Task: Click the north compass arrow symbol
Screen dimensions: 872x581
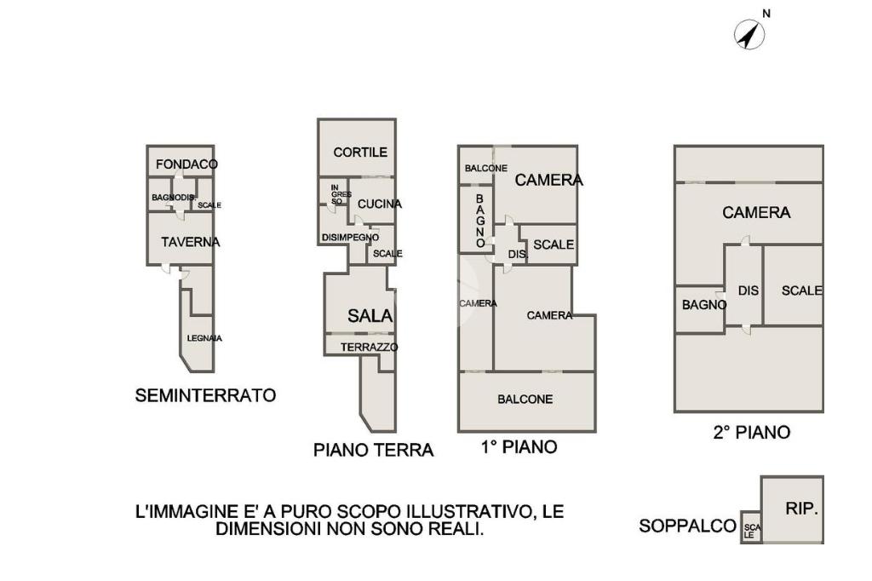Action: click(749, 35)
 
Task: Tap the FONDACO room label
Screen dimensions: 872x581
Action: click(186, 164)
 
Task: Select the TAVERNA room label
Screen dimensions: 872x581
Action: click(190, 242)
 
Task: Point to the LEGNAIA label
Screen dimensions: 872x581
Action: click(204, 338)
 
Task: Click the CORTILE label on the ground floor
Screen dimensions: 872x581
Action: click(360, 152)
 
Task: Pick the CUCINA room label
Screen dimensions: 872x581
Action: click(379, 204)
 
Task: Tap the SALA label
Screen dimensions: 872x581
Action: click(370, 316)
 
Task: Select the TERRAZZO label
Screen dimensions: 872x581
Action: click(370, 348)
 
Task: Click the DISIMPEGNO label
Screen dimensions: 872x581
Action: click(350, 238)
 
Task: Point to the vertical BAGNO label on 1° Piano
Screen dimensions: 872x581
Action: click(480, 221)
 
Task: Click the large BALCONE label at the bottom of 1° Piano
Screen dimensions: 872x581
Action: click(525, 400)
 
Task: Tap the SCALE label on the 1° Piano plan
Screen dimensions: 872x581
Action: click(554, 244)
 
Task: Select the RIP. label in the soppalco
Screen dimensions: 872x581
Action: click(801, 508)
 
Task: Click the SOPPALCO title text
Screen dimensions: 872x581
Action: click(687, 526)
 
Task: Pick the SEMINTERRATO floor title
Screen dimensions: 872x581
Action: click(205, 395)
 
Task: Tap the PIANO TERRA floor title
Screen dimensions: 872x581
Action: click(373, 450)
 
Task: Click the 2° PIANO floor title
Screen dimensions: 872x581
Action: click(751, 433)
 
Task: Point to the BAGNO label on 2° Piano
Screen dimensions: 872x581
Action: click(704, 305)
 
